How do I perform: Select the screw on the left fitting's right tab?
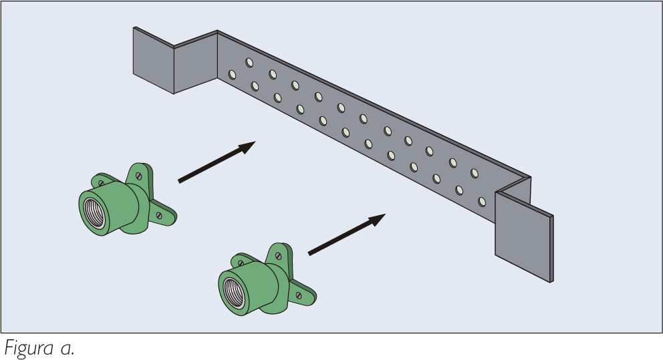[x=159, y=215]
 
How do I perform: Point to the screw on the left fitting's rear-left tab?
[x=101, y=182]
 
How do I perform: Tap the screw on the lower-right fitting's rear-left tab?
[x=241, y=260]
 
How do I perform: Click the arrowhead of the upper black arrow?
[x=248, y=146]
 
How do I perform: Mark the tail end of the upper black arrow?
[x=179, y=180]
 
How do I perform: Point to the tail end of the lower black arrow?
[x=309, y=254]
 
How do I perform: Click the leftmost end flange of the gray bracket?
[x=153, y=60]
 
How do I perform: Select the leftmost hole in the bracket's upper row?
[x=249, y=63]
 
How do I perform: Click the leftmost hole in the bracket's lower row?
[x=232, y=75]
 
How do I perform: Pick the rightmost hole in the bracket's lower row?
[x=482, y=200]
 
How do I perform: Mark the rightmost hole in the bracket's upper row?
[x=475, y=173]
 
